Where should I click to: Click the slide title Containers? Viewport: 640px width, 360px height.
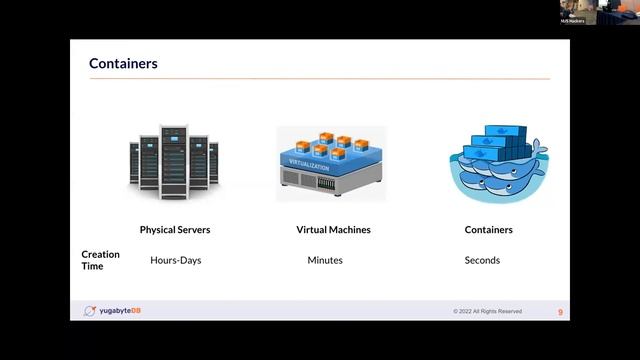tap(123, 64)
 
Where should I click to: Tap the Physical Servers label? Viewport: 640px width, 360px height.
tap(175, 230)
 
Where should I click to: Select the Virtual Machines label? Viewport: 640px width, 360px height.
tap(333, 230)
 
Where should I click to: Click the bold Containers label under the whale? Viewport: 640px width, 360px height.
tap(489, 230)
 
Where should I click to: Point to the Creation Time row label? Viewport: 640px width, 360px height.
tap(100, 260)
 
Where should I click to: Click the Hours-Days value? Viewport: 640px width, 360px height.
tap(176, 260)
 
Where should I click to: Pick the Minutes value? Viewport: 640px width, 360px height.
tap(325, 260)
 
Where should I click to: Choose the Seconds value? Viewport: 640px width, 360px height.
tap(482, 260)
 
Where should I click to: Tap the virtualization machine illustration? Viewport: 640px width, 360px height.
tap(331, 163)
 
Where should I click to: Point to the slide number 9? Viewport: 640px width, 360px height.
tap(560, 312)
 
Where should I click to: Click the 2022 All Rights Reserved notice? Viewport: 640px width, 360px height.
tap(487, 311)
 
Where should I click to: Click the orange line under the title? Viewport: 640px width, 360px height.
tap(319, 79)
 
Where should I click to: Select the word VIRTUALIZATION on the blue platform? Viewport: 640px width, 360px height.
tap(308, 161)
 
